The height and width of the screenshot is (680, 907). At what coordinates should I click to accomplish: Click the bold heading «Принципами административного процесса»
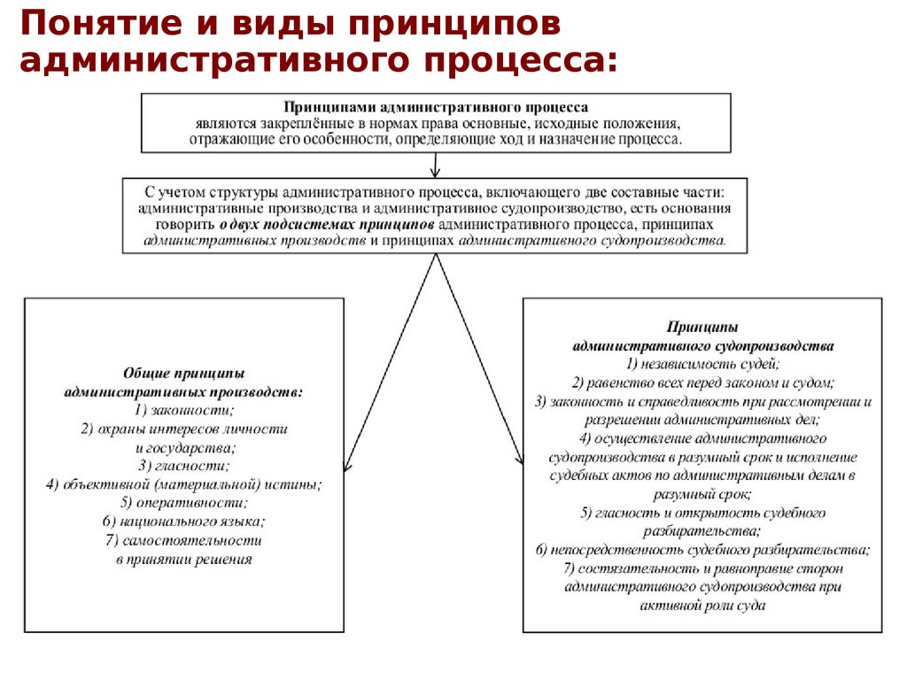point(435,107)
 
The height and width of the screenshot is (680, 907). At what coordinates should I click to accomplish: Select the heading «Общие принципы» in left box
point(184,374)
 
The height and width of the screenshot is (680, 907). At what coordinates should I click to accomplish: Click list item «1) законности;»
point(184,410)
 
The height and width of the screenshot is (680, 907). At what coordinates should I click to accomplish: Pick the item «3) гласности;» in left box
point(184,466)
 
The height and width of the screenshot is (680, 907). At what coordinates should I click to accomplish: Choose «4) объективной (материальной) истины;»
point(184,484)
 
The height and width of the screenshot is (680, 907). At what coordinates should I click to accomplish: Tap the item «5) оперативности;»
point(184,503)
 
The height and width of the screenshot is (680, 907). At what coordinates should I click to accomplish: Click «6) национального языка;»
point(184,522)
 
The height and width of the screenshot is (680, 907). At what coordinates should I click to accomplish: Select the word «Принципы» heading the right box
point(703,327)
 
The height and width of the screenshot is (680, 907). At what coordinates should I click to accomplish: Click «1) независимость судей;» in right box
point(703,364)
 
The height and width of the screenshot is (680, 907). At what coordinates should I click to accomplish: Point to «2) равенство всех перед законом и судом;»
point(703,382)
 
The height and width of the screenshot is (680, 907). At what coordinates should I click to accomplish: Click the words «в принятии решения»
point(184,559)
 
